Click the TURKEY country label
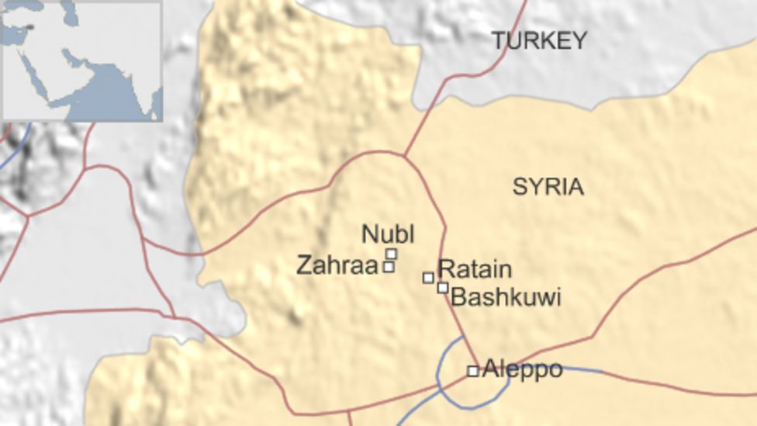pos(540,41)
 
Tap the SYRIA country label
pos(548,187)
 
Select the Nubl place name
pos(388,234)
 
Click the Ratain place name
pos(475,270)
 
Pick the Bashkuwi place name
pos(506,297)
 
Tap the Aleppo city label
pos(522,370)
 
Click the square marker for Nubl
pos(391,254)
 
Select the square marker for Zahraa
pos(389,267)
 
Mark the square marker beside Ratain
pos(428,277)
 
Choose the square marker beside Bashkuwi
pos(442,288)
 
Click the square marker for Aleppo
pos(472,371)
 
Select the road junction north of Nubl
pos(404,156)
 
